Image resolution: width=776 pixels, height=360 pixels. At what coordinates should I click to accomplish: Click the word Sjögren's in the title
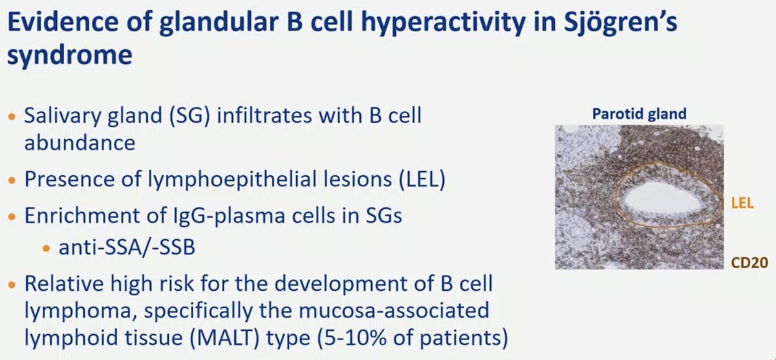[620, 23]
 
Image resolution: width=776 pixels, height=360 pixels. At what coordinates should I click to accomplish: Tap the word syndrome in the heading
[70, 56]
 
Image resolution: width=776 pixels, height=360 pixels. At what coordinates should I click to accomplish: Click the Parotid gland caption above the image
[639, 114]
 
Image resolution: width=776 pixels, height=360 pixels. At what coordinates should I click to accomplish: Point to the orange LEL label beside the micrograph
[742, 203]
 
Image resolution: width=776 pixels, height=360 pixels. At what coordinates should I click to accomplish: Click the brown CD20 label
[749, 263]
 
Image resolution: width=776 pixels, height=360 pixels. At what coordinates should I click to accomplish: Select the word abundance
[80, 143]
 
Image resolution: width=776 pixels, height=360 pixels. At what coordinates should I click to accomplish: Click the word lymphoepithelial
[270, 180]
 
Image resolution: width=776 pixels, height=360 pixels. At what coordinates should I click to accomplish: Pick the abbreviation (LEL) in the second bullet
[422, 180]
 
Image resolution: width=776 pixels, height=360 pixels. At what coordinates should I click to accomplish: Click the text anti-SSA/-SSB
[127, 248]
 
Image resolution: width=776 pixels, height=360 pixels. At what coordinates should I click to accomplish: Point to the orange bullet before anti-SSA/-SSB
[46, 249]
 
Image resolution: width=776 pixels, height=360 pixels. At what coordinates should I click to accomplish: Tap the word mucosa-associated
[394, 310]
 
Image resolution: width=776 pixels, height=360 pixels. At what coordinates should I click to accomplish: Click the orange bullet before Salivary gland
[12, 116]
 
